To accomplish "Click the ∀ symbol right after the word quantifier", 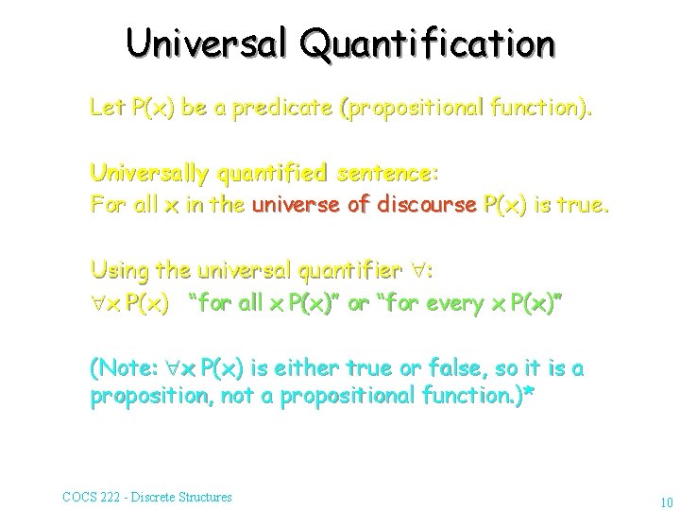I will coord(416,271).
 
